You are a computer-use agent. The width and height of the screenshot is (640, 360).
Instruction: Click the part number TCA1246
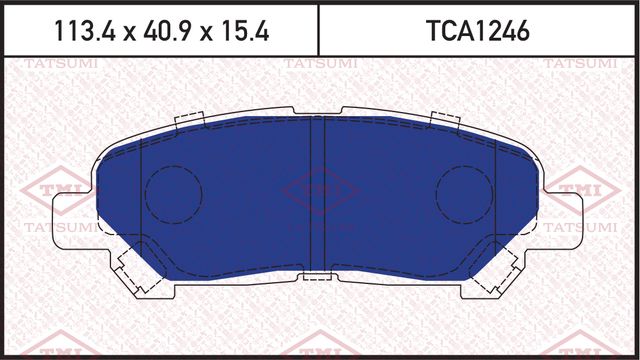point(479,31)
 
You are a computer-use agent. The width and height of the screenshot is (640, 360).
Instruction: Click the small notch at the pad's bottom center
point(318,275)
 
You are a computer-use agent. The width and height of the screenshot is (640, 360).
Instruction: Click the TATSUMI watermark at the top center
point(318,65)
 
